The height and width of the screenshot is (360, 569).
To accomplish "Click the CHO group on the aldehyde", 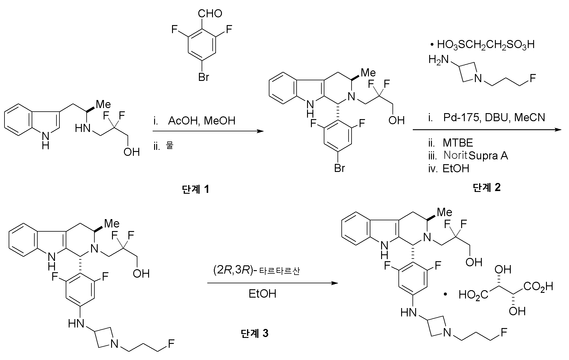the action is click(210, 13).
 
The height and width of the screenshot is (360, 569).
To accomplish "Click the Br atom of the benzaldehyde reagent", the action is click(204, 77).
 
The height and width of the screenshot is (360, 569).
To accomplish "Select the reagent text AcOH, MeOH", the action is click(202, 121).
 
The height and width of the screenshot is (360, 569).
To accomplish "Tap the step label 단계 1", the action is click(195, 189).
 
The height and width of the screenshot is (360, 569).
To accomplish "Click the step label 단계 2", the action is click(487, 187).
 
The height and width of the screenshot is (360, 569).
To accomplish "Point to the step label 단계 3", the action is click(254, 333).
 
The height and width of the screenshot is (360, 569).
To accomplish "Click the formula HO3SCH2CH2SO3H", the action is click(486, 45).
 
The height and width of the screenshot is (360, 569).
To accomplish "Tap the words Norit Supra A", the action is click(476, 156).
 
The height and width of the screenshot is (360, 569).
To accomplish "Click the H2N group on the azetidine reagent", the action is click(439, 60).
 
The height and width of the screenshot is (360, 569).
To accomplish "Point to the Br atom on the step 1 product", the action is click(340, 168).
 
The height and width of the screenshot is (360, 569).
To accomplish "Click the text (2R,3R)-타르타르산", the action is click(256, 271).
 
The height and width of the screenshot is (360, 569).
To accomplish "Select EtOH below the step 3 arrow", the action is click(263, 294).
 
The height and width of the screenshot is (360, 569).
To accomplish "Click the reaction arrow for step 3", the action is click(273, 283).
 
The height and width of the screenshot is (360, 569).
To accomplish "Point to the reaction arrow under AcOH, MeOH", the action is click(208, 131).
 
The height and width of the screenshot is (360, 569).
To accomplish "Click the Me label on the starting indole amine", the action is click(103, 104).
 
